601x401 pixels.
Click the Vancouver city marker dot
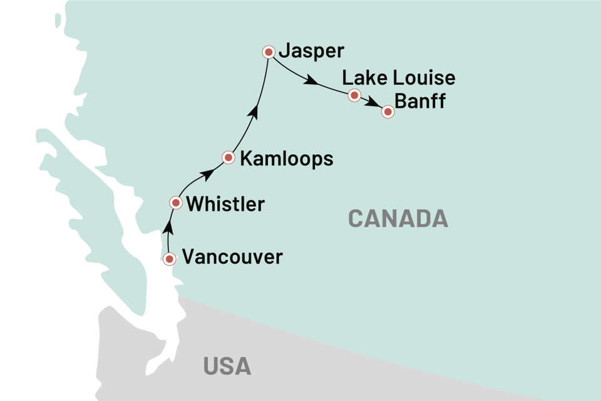(169, 258)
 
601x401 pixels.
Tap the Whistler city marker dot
(177, 202)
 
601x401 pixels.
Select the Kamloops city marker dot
(229, 157)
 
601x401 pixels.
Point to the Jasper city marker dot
(269, 52)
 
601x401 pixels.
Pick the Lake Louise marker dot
(354, 95)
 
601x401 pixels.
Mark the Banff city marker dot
(388, 112)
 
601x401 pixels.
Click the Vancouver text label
(232, 257)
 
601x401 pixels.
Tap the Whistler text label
(225, 204)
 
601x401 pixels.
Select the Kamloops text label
(286, 159)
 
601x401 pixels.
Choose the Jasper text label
(313, 51)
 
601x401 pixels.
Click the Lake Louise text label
(399, 78)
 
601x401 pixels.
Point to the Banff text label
(421, 101)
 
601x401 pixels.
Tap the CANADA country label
(398, 219)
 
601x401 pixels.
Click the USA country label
(227, 366)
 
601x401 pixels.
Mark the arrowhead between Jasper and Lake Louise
(309, 81)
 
